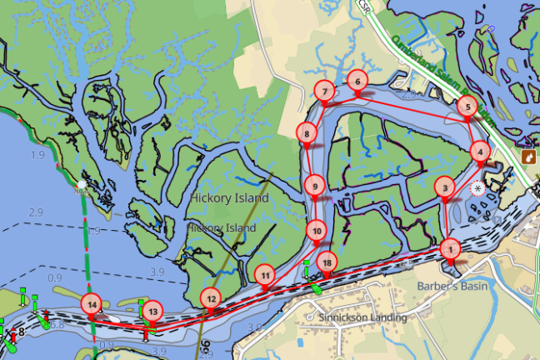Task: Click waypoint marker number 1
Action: [449, 248]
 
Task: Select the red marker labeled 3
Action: [445, 187]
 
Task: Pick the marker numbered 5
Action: [467, 107]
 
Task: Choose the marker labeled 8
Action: [307, 132]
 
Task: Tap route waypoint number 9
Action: [313, 186]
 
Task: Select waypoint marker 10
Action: [316, 229]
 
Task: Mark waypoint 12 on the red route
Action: [211, 297]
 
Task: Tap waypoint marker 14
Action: [92, 304]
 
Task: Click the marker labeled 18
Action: [327, 262]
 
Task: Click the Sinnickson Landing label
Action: [363, 317]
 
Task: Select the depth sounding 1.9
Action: [37, 155]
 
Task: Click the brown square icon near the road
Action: [527, 157]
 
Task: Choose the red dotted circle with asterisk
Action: [477, 188]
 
